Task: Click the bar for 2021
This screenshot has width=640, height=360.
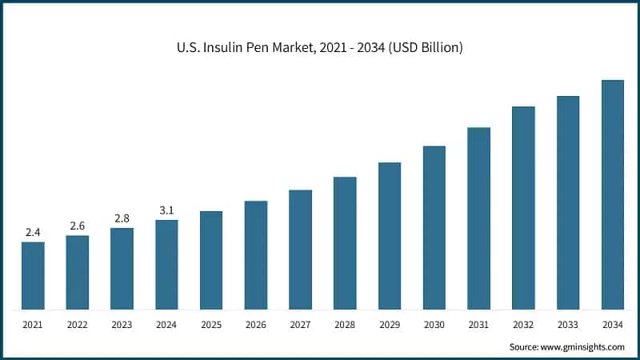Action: click(x=33, y=275)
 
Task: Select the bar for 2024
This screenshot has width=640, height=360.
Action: click(x=166, y=264)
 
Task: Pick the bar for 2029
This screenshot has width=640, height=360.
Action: click(x=390, y=236)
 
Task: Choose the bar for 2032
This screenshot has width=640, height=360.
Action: click(x=523, y=208)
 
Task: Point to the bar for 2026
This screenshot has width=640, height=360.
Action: click(x=256, y=255)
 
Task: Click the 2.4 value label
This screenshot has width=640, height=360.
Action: click(x=33, y=232)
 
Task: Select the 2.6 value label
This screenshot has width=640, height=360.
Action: click(x=78, y=226)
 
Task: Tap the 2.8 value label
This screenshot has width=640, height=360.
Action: click(x=122, y=218)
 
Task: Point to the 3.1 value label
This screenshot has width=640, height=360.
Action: click(x=166, y=210)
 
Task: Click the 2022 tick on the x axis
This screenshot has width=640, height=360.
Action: click(x=78, y=325)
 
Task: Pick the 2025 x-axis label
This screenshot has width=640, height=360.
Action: click(x=211, y=325)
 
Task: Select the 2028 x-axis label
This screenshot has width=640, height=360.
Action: click(x=345, y=325)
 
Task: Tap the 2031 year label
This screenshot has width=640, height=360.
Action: click(x=478, y=325)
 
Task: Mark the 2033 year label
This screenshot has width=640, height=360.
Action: click(x=568, y=325)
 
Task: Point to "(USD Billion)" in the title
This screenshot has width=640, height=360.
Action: click(x=422, y=48)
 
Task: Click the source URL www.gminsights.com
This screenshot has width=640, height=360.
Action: click(x=583, y=346)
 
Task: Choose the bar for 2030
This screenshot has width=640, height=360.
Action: click(x=434, y=228)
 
